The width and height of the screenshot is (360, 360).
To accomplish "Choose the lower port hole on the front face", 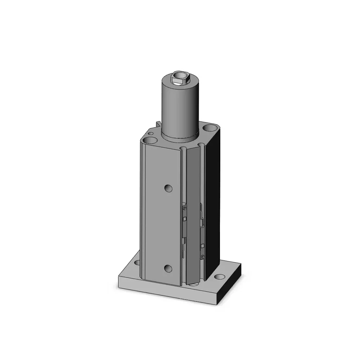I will (x=167, y=268).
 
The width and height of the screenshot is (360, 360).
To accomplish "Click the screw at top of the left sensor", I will (x=185, y=208).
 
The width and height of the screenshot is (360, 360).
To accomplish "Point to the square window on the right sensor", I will (x=203, y=246).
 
